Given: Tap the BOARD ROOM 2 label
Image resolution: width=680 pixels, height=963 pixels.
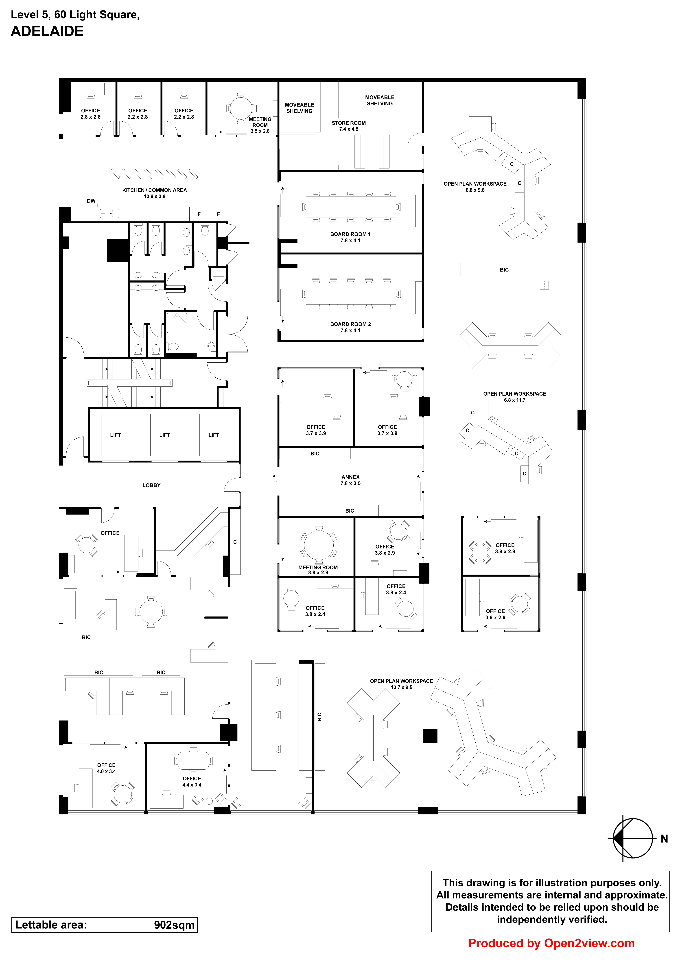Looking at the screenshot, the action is click(x=350, y=327).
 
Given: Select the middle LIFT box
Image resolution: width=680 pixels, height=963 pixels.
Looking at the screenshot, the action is click(x=165, y=435).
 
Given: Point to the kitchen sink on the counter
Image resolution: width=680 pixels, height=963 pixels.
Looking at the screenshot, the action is click(x=109, y=214).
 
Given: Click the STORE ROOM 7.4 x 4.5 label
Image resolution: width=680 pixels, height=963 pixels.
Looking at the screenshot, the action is click(x=349, y=126).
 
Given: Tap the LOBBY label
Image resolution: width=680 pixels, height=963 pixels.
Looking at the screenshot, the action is click(x=151, y=485).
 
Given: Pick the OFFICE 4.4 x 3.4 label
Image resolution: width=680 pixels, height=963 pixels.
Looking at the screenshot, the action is click(x=192, y=781).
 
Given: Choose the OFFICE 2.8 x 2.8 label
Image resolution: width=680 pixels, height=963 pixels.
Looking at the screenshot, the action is click(x=90, y=114).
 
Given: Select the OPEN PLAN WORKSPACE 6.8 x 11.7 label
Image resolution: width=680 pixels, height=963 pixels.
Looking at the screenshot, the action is click(x=514, y=397).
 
